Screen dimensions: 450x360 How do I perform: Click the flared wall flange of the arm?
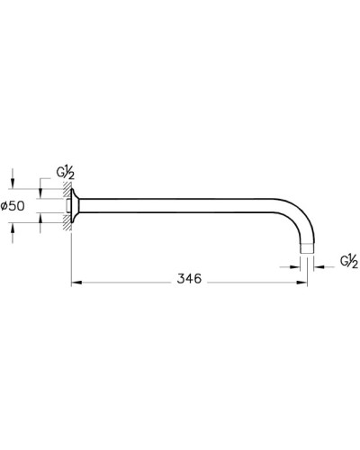click(78, 204)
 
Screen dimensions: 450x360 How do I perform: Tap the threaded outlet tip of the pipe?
click(308, 246)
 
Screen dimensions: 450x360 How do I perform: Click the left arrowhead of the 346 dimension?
click(76, 282)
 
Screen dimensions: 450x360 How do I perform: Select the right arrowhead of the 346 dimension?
click(303, 282)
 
